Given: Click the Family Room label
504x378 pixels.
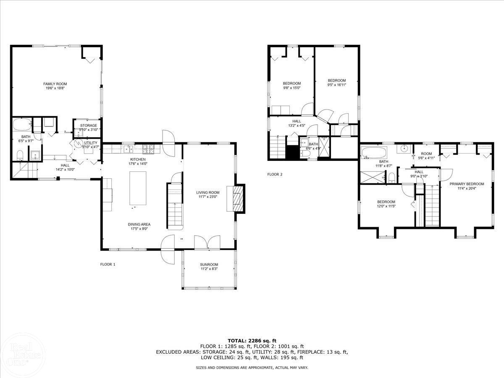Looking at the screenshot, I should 55,84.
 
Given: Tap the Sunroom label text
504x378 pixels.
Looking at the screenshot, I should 209,265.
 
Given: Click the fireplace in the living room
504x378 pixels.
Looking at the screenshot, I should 237,198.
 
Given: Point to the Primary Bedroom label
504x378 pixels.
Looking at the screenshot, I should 467,184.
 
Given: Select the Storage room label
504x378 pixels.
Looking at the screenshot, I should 89,126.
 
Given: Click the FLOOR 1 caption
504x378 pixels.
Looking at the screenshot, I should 108,264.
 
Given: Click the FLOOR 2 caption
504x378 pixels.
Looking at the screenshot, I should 275,174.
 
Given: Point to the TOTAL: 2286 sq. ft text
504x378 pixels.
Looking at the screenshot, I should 252,341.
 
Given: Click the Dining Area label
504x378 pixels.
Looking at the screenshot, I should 139,224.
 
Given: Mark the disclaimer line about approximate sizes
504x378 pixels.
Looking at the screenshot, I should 252,367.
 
